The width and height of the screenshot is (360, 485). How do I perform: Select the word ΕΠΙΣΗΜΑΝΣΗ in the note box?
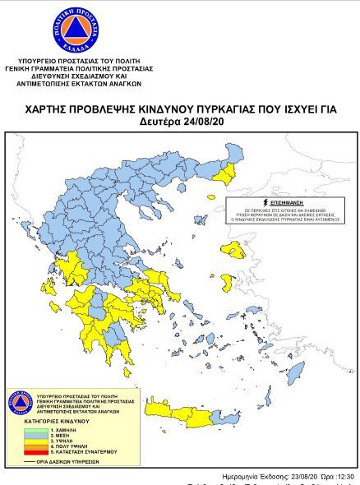284,201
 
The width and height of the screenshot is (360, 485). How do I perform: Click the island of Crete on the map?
197,409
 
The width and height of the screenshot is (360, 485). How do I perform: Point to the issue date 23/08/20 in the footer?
290,476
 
